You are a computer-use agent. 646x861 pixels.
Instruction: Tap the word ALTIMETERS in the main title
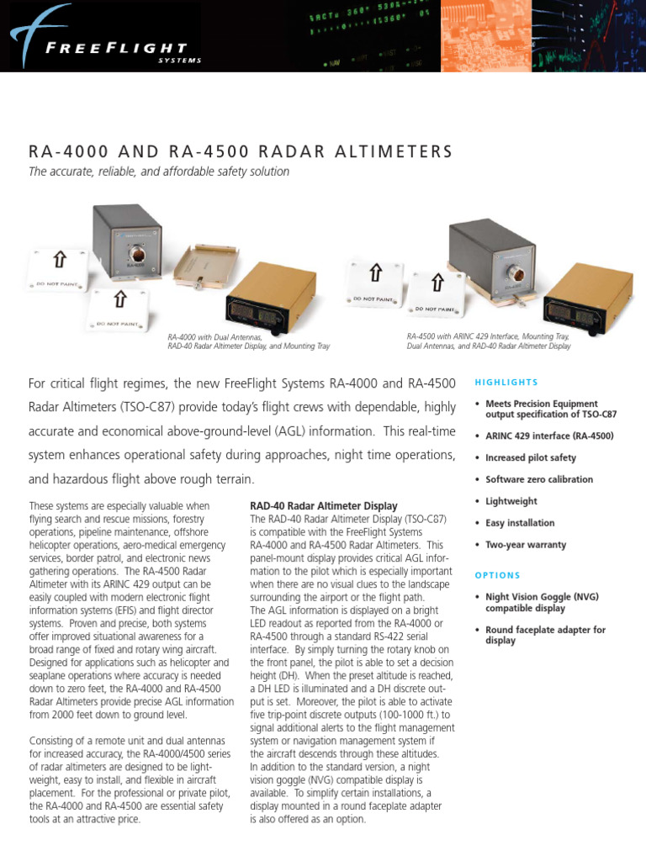(390, 152)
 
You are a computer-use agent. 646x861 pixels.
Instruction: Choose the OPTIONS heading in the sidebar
(498, 576)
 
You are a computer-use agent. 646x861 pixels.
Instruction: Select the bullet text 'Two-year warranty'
(526, 545)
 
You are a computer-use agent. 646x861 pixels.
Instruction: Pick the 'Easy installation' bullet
(520, 523)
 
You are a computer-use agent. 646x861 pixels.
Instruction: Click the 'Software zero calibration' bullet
(538, 479)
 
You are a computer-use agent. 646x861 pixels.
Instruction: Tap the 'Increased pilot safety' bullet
(531, 458)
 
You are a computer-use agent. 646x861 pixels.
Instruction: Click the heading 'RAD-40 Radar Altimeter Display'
(323, 506)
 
